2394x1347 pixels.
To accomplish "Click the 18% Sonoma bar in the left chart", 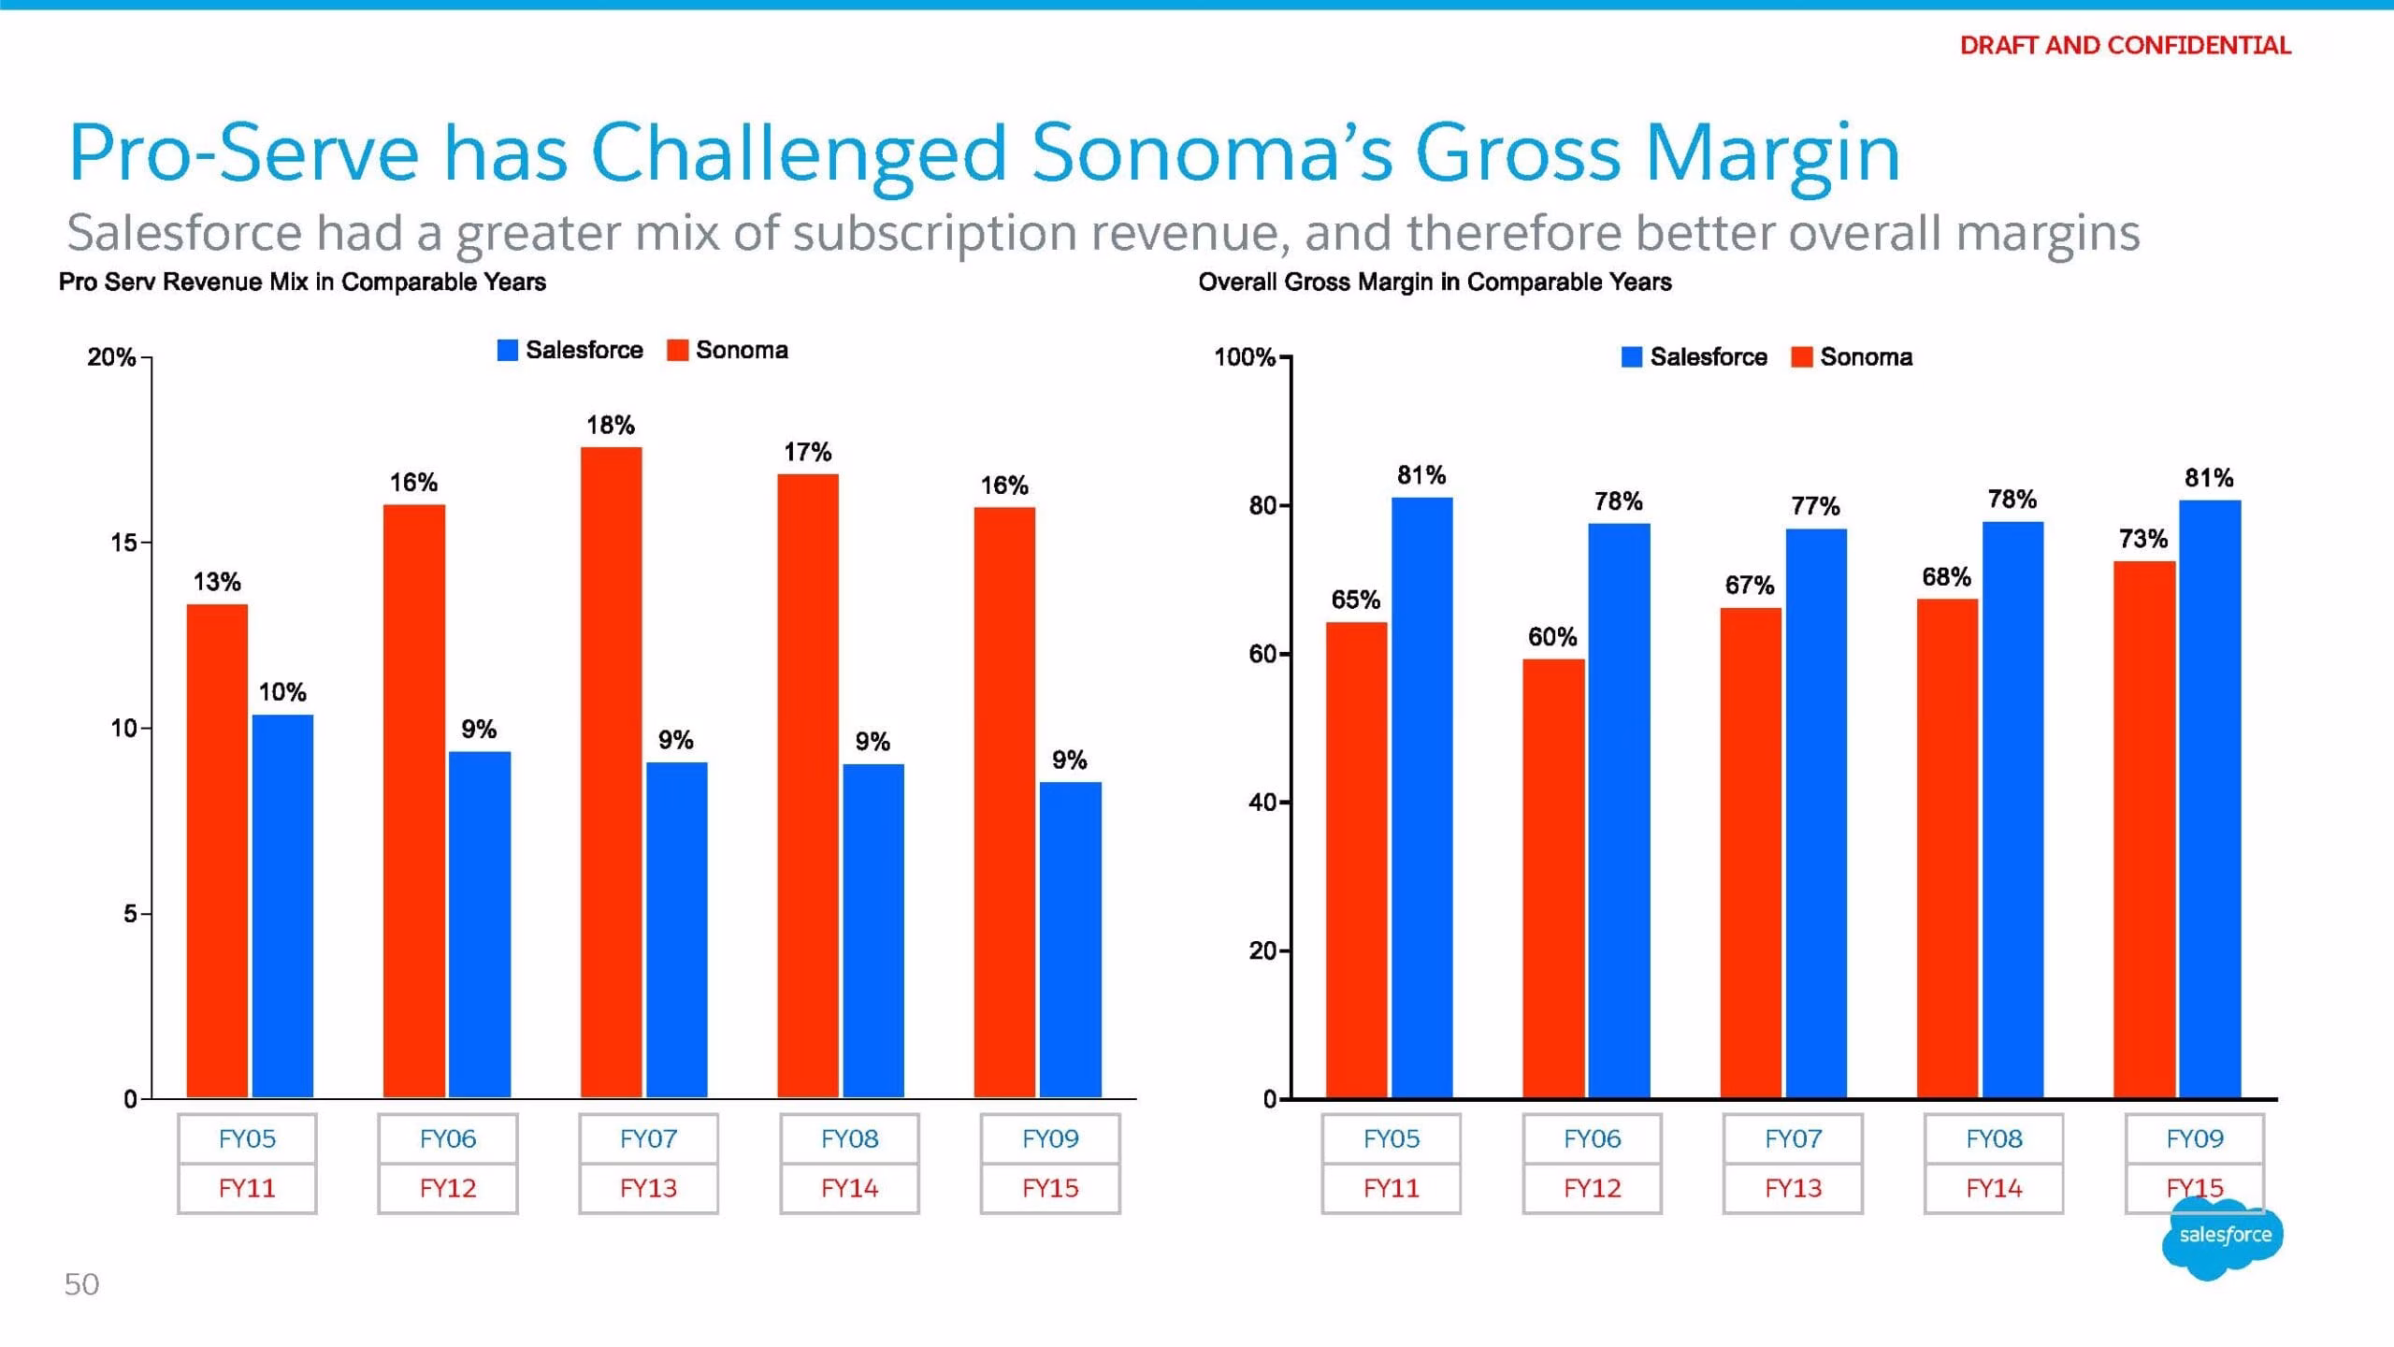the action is [x=611, y=772].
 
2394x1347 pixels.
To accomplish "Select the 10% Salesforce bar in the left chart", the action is [x=282, y=905].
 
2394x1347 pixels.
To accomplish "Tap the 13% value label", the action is [x=217, y=582].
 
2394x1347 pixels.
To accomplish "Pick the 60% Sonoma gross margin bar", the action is [x=1553, y=878].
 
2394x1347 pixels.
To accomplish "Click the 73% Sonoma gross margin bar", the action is [x=2144, y=829].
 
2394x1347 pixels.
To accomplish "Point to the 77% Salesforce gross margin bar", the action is [x=1816, y=813].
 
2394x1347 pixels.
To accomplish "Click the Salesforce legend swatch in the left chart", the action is [x=507, y=350].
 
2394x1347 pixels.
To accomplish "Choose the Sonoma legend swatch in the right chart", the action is [x=1801, y=357].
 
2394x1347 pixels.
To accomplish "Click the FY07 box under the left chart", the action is [x=648, y=1138].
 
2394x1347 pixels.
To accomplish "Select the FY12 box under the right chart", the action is [x=1592, y=1188].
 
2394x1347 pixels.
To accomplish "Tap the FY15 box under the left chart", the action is [x=1050, y=1188].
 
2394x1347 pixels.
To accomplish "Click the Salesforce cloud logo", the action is [x=2224, y=1237].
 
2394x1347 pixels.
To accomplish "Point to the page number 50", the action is [x=81, y=1284].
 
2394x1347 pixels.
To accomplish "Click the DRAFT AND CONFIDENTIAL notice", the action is [x=2125, y=45].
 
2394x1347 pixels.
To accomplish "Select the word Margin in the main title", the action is [x=1773, y=155].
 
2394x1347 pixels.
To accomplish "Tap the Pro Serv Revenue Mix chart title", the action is [x=302, y=282].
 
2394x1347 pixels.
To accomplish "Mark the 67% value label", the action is [x=1749, y=586].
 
